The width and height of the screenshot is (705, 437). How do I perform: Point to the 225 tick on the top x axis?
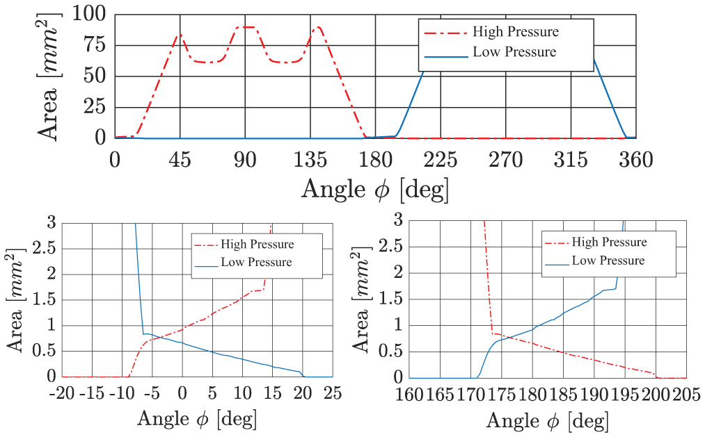coord(441,160)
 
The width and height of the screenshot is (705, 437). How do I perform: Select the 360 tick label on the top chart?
coord(636,160)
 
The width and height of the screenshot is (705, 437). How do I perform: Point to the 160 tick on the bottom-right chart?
coord(410,394)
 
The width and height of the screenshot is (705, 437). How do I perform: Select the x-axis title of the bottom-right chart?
coord(547,420)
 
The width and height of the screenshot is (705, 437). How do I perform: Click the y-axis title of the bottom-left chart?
coord(16,299)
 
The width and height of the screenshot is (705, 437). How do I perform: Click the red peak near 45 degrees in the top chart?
coord(180,34)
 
